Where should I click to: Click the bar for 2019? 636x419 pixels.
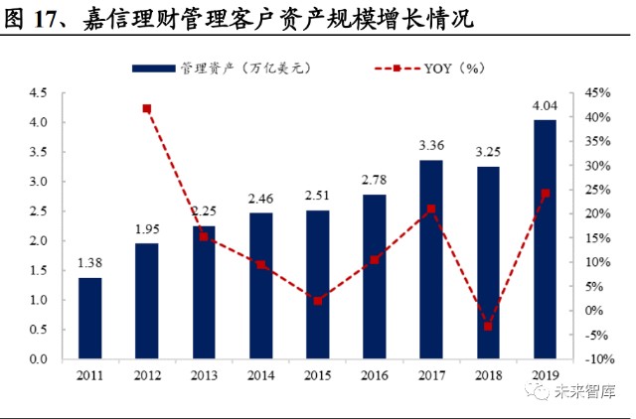click(544, 238)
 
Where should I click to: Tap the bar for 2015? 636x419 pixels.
click(317, 284)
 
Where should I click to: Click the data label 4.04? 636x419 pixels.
click(544, 107)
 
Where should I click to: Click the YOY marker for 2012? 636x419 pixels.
click(147, 108)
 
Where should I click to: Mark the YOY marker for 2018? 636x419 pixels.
click(487, 326)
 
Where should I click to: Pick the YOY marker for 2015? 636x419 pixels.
click(317, 300)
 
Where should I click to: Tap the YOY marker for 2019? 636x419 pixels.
click(544, 194)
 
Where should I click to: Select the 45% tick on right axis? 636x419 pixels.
click(599, 93)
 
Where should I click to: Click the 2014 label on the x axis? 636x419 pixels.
click(260, 375)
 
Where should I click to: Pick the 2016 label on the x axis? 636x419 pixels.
click(374, 375)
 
